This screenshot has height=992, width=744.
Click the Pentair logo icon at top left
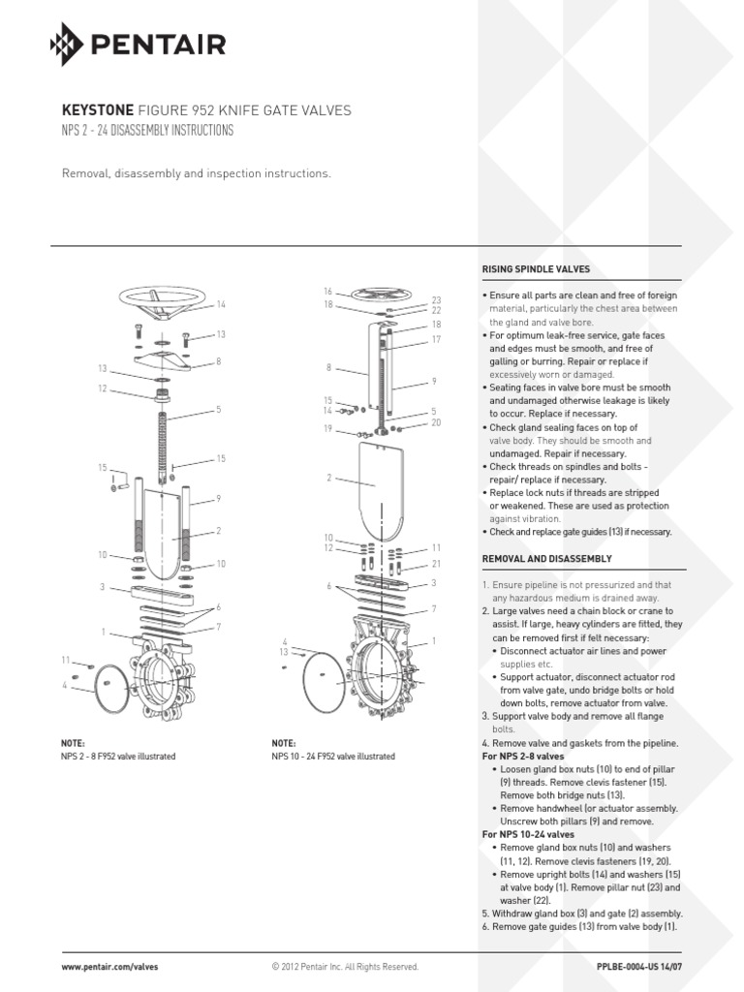67,44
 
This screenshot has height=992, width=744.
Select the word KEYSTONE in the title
97,110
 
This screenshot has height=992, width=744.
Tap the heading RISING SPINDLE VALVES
535,268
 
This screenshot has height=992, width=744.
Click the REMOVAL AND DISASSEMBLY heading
546,559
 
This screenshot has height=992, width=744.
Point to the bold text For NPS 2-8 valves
522,755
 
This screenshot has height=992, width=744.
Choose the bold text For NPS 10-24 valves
528,833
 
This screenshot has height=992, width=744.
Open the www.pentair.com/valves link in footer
109,967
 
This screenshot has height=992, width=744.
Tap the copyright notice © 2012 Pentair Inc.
345,967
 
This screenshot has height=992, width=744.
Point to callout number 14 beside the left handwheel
221,305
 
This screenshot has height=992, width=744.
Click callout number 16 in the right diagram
328,291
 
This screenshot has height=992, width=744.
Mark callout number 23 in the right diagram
436,300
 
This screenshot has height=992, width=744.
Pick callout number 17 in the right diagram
436,339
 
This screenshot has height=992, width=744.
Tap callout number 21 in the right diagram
436,563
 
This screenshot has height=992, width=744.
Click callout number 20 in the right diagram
436,422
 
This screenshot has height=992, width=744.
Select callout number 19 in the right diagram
328,427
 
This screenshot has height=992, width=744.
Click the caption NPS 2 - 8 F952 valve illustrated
118,756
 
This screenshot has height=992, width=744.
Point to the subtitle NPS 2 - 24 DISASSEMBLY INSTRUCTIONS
147,131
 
